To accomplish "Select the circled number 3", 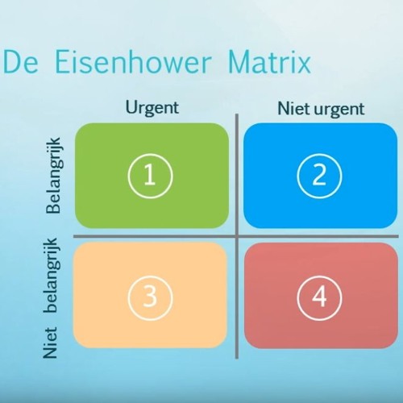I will click(149, 297).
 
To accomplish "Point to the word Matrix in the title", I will click(269, 63).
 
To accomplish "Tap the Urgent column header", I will click(152, 107).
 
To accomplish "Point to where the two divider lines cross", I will click(236, 236).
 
